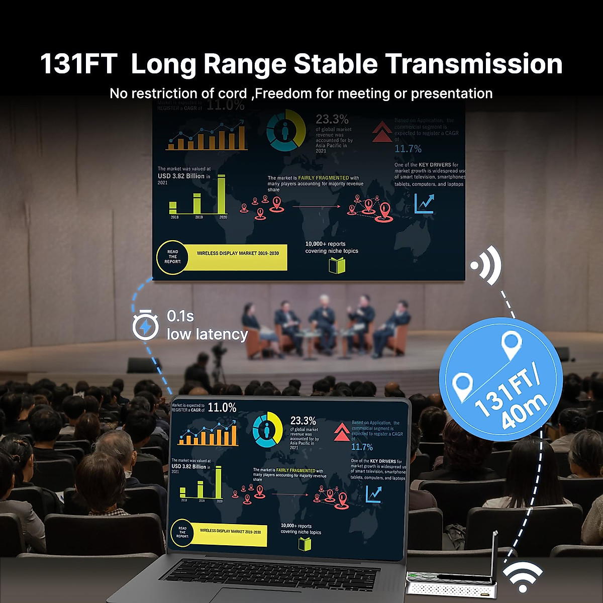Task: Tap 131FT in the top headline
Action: pos(78,64)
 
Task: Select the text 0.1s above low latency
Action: pos(180,316)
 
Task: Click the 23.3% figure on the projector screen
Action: pos(332,119)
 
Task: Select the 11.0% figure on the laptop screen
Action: pos(222,408)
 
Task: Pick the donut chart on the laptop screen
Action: pos(267,430)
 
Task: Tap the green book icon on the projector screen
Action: pos(337,265)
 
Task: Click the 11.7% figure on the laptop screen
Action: pos(362,447)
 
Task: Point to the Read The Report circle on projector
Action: pos(173,257)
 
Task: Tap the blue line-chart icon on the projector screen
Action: pos(424,203)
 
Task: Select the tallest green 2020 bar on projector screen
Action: pos(222,194)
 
